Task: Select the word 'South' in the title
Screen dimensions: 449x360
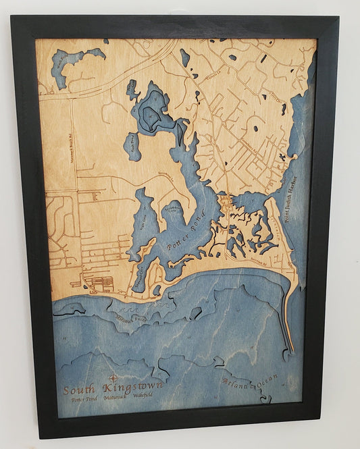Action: [x=78, y=390]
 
